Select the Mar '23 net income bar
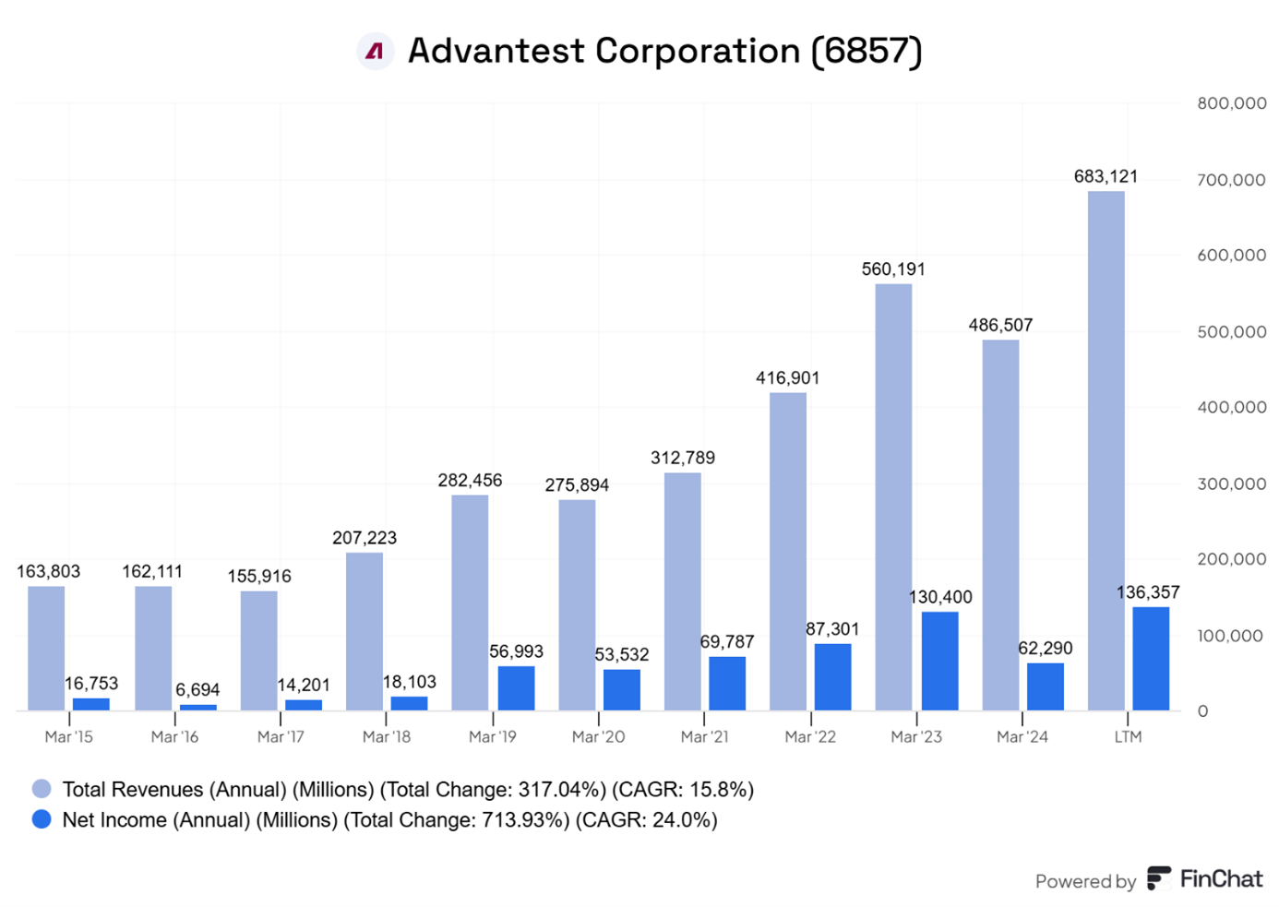(x=939, y=661)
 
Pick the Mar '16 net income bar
(x=197, y=708)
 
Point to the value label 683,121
(x=1106, y=176)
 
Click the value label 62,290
(x=1045, y=649)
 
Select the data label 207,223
(x=365, y=538)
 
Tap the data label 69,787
(x=726, y=642)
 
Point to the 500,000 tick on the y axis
(x=1231, y=332)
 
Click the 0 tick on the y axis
(x=1202, y=711)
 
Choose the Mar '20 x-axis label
(x=598, y=737)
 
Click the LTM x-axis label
(x=1128, y=737)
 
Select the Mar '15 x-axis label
(x=69, y=737)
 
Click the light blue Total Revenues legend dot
(x=42, y=789)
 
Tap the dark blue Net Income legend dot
(x=42, y=819)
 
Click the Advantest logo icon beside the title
(x=375, y=52)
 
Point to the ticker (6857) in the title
(x=867, y=52)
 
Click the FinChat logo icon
(x=1159, y=878)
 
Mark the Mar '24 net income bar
(x=1045, y=686)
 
